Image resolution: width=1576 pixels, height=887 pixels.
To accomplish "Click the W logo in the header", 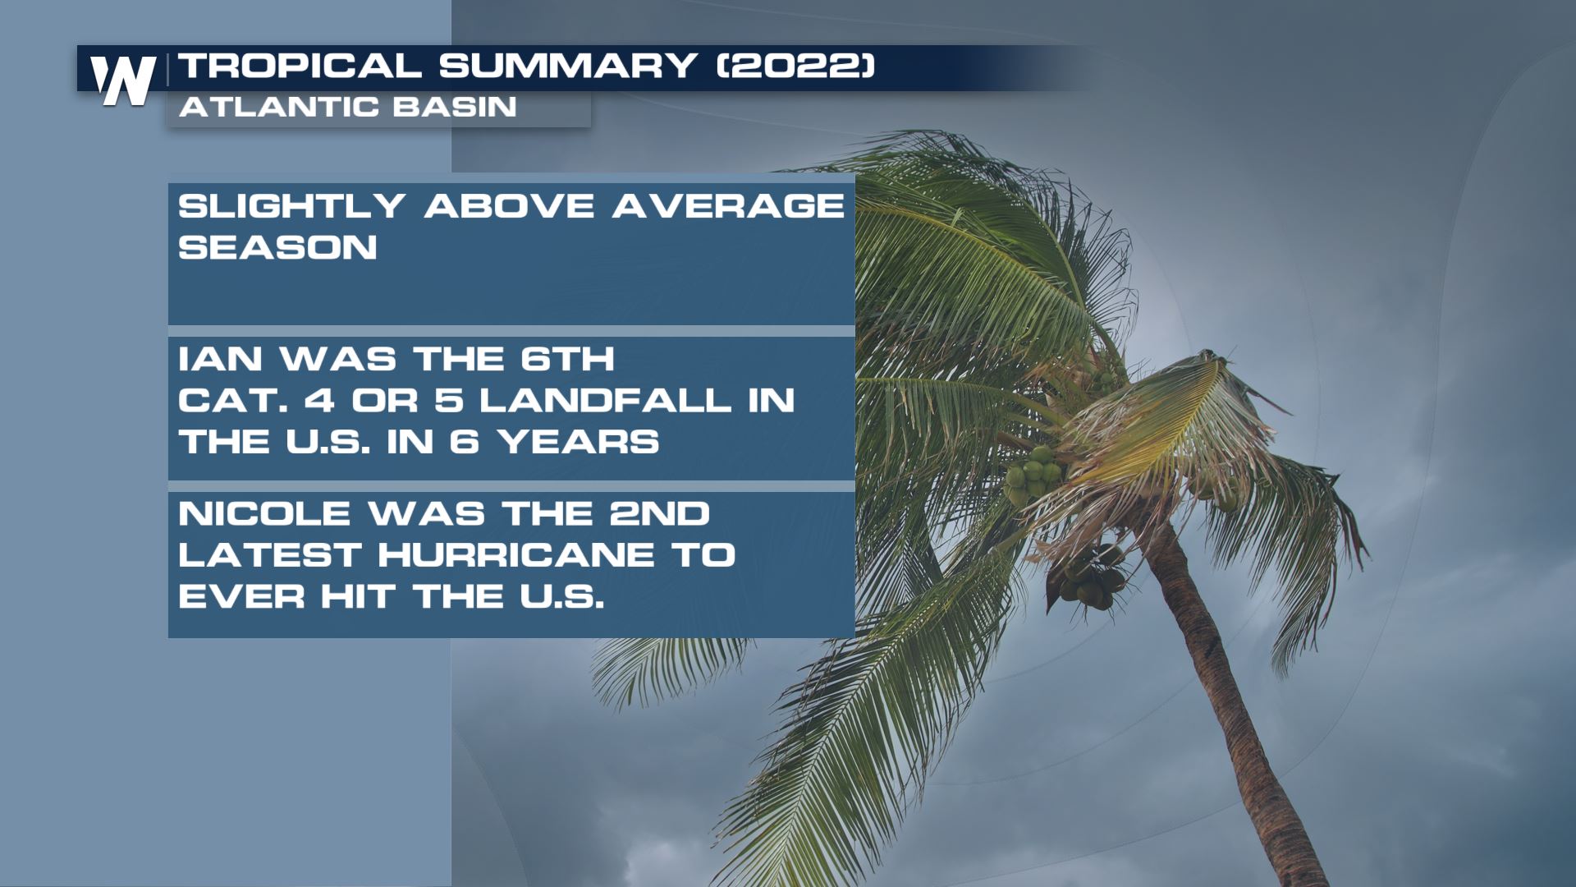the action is coord(123,80).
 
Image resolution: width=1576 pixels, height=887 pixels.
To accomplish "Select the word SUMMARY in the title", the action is coord(568,66).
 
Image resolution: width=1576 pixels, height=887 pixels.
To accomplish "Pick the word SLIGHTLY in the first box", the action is coord(291,205).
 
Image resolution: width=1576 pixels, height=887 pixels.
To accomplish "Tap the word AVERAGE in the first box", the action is coord(728,205).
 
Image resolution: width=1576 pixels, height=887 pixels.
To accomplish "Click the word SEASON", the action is coord(277,247).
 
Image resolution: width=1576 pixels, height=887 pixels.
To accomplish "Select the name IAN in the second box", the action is coord(219,359).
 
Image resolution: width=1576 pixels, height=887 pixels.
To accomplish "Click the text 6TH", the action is coord(567,359).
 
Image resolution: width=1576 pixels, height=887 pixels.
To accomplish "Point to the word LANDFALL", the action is coord(605,400).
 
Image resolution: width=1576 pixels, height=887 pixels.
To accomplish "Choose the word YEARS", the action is coord(579,442).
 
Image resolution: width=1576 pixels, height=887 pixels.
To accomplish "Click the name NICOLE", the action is coord(264,514).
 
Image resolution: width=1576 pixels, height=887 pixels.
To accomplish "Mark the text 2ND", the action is coord(659,514).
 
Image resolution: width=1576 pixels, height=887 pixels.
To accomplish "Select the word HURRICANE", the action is coord(516,555).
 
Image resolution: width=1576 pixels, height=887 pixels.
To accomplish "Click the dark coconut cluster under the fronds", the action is coord(1090,579).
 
